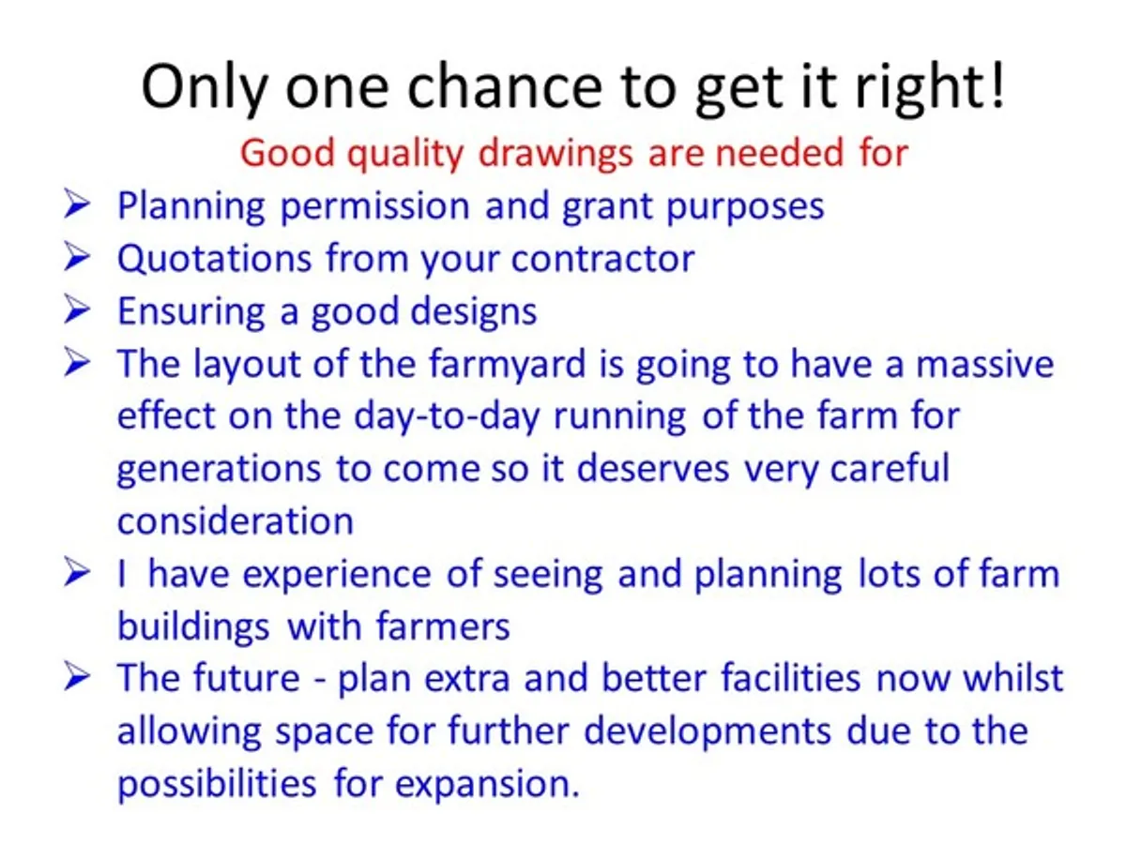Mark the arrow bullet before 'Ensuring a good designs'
pos(77,309)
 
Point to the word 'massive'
pos(984,363)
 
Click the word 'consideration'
pos(235,520)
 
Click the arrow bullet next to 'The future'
pos(77,677)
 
